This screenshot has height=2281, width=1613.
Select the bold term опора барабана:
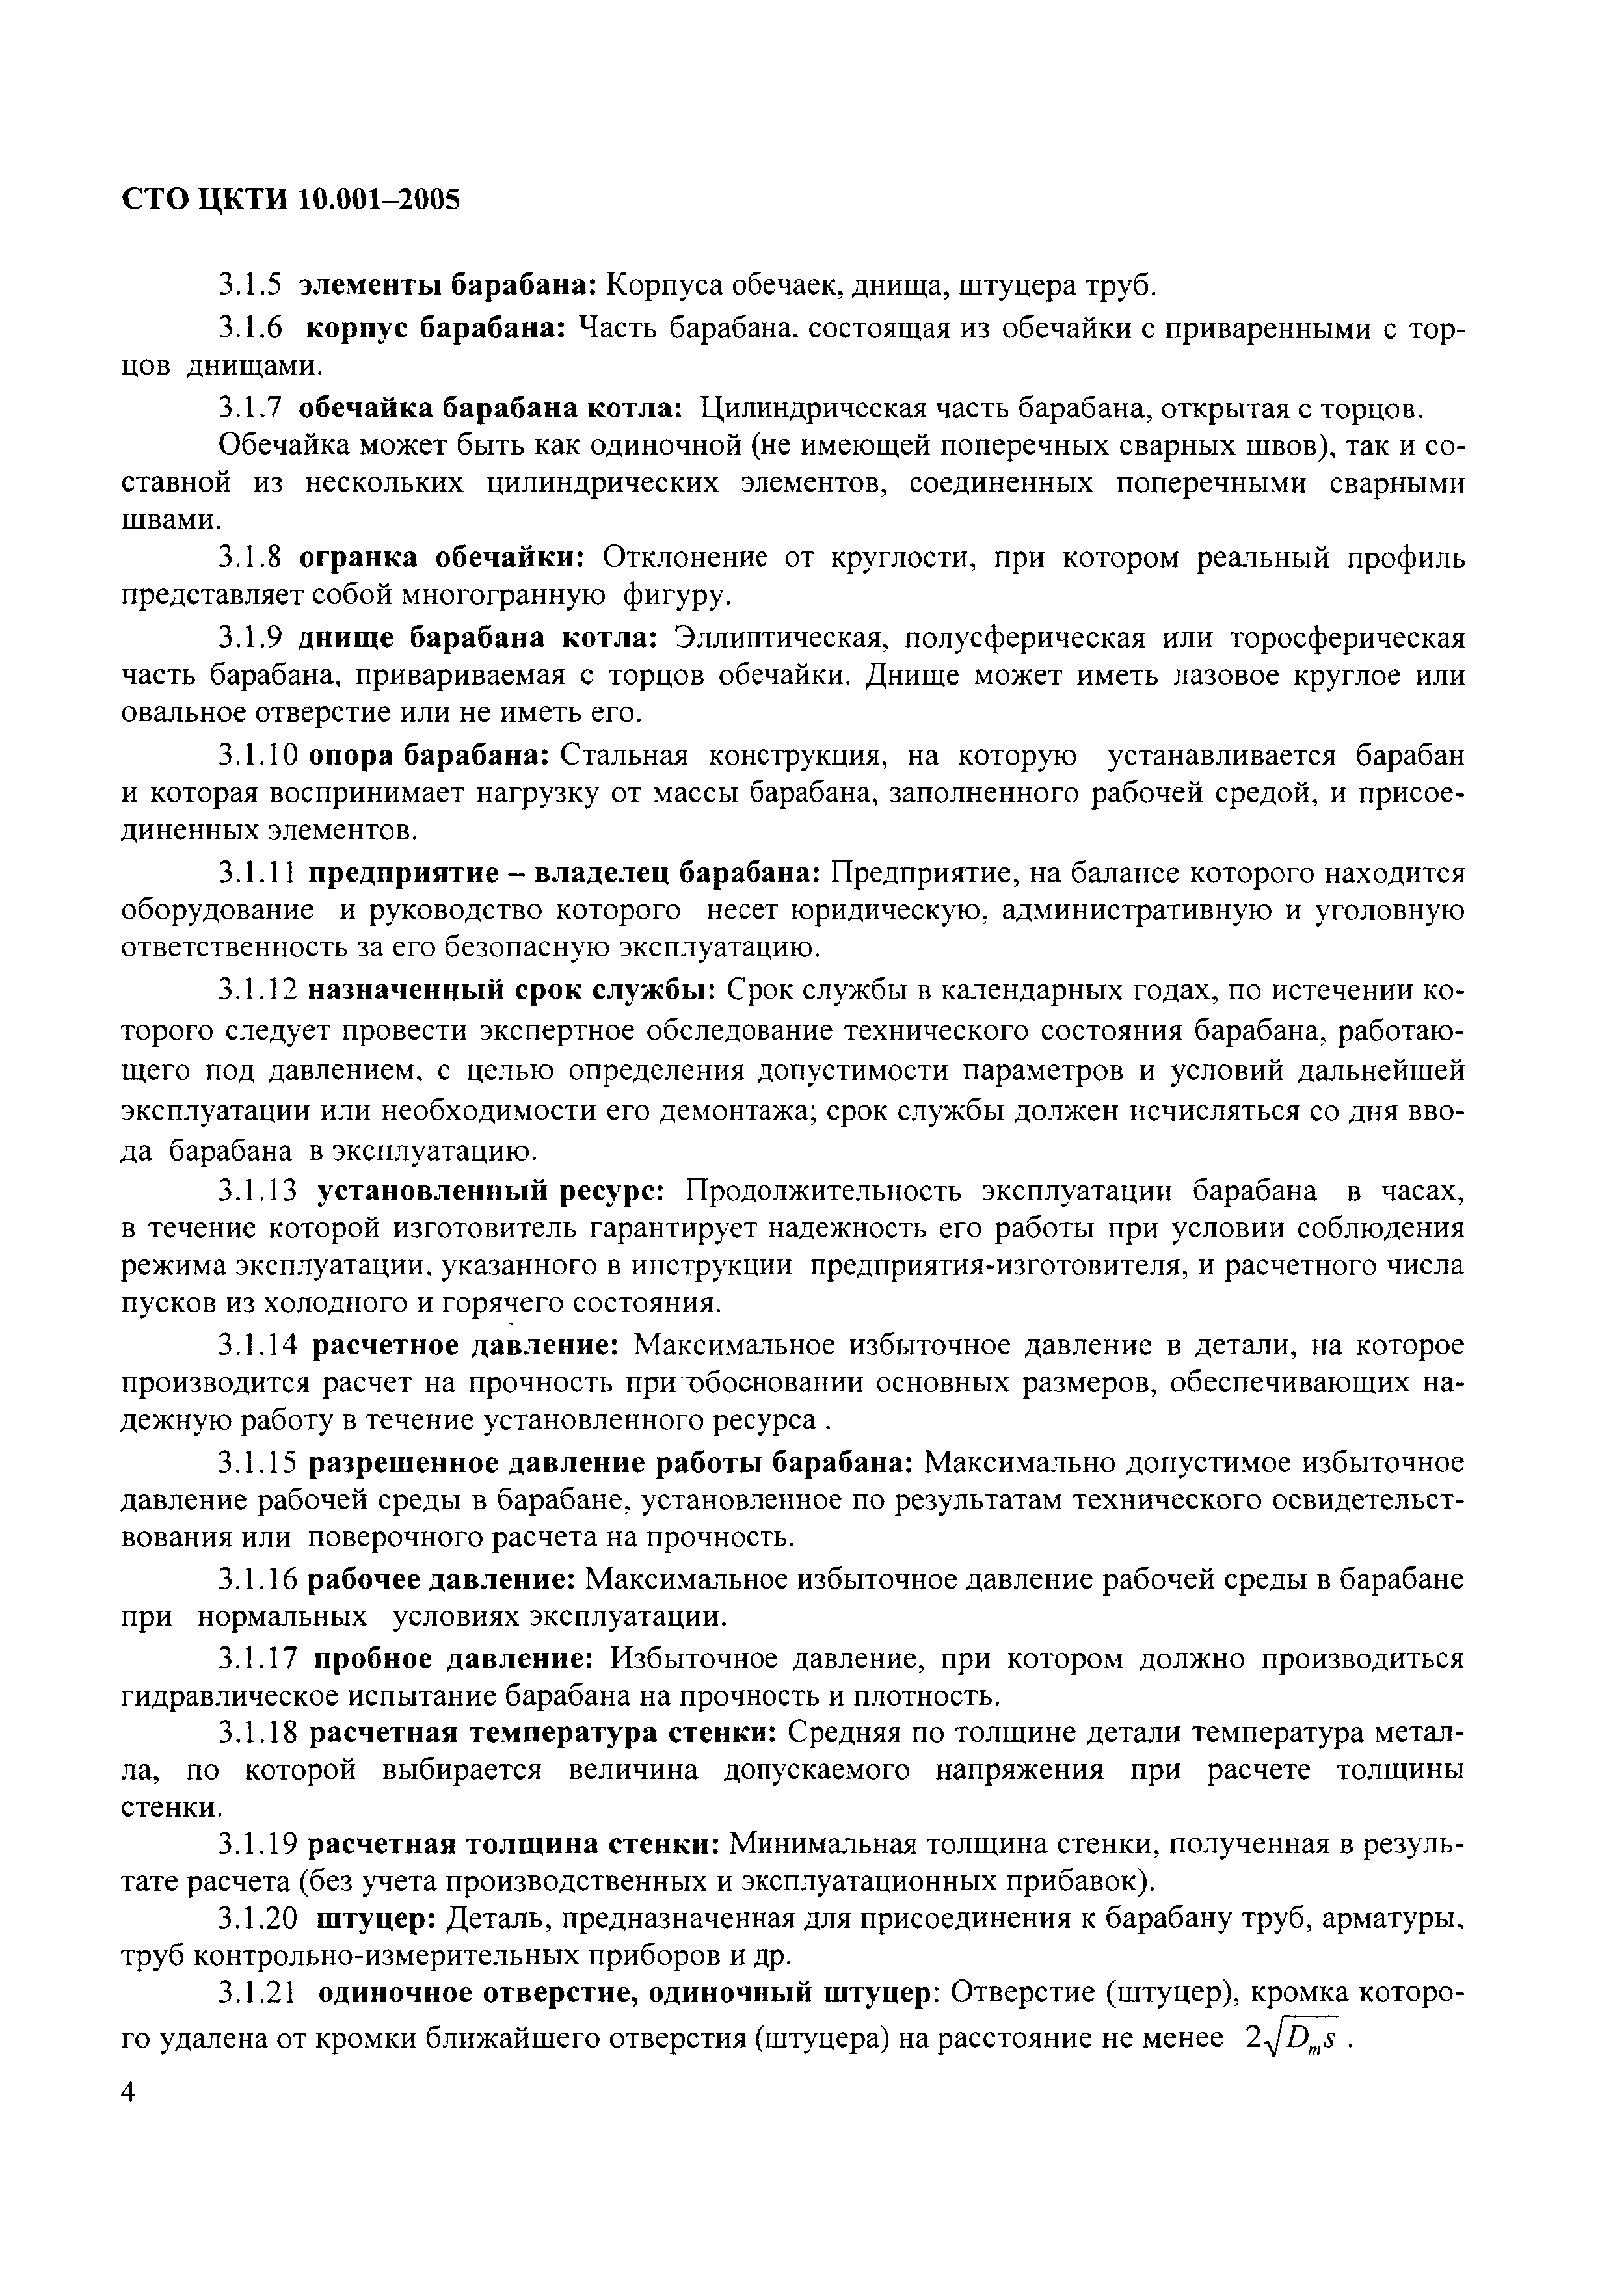pyautogui.click(x=429, y=756)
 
